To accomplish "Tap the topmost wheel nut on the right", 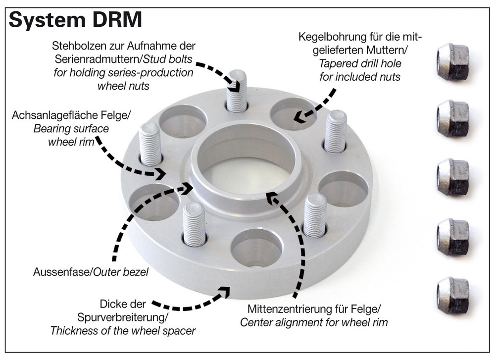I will tap(452, 62).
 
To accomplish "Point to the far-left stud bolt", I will tap(150, 144).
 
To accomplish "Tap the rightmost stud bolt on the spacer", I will tap(335, 131).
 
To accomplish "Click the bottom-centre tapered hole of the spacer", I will tap(256, 248).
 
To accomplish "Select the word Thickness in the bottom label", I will tap(72, 330).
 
